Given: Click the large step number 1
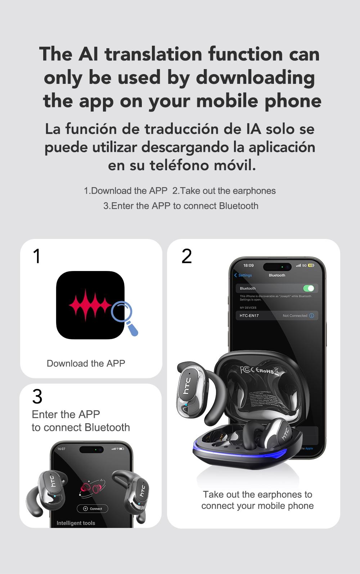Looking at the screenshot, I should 37,256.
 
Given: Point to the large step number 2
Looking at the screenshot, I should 186,256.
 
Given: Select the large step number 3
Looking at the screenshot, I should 37,397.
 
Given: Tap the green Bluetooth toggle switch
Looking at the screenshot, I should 309,288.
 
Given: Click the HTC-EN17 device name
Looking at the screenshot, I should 249,316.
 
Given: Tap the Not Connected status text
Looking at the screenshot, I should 294,316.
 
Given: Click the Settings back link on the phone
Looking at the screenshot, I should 243,275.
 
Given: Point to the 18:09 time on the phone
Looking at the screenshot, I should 248,266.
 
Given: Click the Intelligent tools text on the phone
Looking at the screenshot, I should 76,523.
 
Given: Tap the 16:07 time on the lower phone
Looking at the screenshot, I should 62,449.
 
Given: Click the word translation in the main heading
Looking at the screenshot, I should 153,54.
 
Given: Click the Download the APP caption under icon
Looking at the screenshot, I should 86,363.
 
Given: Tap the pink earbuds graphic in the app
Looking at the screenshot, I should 91,489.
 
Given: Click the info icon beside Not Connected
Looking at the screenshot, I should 312,316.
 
